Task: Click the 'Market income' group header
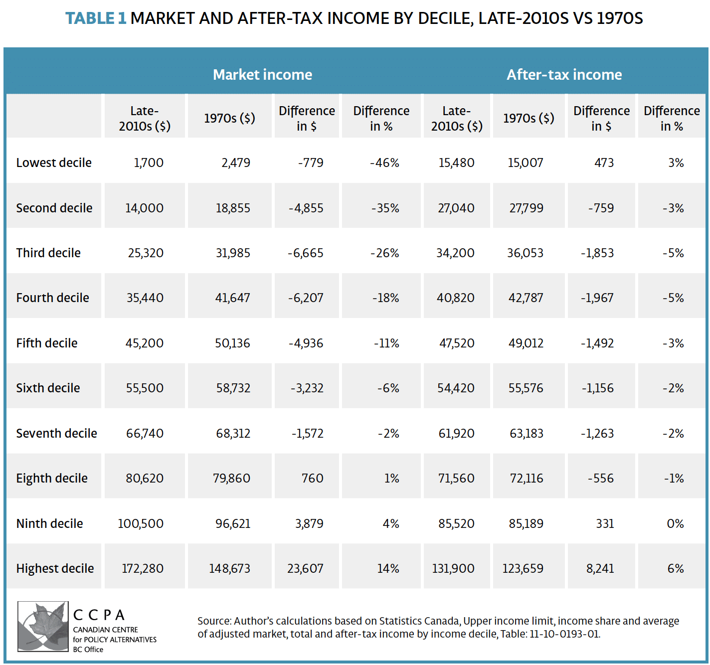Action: pos(262,75)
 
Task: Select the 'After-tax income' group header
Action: pos(564,75)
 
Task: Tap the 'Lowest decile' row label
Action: pos(54,163)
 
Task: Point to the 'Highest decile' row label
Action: pos(55,569)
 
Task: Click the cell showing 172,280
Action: pos(143,569)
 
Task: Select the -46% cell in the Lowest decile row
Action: pos(384,163)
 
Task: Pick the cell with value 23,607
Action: pos(305,569)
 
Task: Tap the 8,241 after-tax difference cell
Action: pos(600,569)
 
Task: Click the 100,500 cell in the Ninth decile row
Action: pos(141,524)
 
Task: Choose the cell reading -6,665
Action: pos(306,253)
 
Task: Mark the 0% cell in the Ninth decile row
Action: pos(675,524)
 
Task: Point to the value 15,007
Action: pos(526,163)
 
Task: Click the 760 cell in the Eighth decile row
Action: pos(312,479)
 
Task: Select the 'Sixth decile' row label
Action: pos(48,388)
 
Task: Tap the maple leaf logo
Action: pos(43,626)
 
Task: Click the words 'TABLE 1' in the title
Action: pos(96,18)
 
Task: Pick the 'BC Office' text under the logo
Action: pos(88,650)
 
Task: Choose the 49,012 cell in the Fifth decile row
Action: pos(526,343)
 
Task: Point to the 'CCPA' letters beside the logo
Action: pos(99,615)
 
